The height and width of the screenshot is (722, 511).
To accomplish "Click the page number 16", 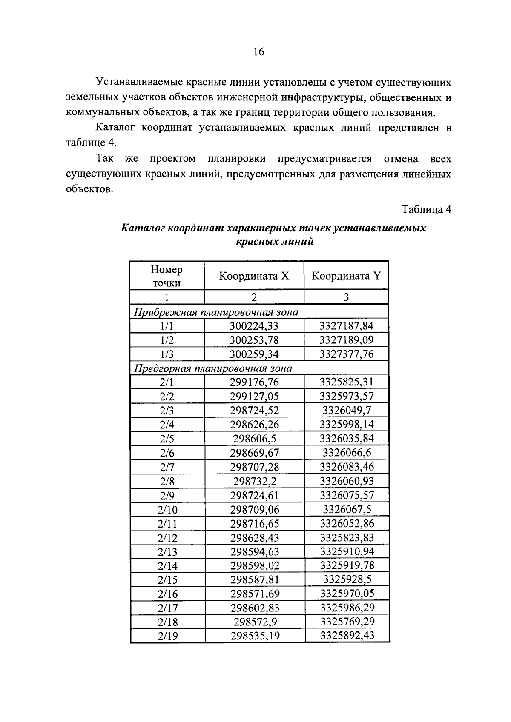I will pos(258,52).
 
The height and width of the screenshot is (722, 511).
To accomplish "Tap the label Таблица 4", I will pos(426,209).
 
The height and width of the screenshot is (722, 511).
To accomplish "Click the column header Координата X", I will pos(254,276).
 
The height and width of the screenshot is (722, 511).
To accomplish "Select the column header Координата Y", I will pos(346,276).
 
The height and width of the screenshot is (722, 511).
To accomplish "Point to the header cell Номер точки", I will pos(167,276).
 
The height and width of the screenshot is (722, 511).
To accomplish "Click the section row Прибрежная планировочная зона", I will pos(216,312).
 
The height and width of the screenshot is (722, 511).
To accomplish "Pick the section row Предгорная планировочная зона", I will pos(213,368).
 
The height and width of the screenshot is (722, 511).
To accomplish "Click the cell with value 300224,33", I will pos(254,326).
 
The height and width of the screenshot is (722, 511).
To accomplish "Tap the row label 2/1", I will pos(167,382).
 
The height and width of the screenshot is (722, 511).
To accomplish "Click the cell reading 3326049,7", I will pos(346,411).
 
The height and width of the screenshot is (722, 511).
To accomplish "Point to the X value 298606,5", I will pos(254,439).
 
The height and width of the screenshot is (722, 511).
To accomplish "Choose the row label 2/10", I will pos(167,510).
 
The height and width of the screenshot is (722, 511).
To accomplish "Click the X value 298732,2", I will pos(254,481).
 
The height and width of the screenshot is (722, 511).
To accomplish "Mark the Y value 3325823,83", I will pos(347,537).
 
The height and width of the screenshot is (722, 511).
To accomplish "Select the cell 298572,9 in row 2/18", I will pos(255,622).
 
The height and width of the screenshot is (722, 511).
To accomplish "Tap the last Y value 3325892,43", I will pos(347,636).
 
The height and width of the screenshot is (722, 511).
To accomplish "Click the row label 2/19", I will pos(167,636).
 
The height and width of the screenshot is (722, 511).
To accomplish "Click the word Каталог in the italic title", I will pos(142,228).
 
